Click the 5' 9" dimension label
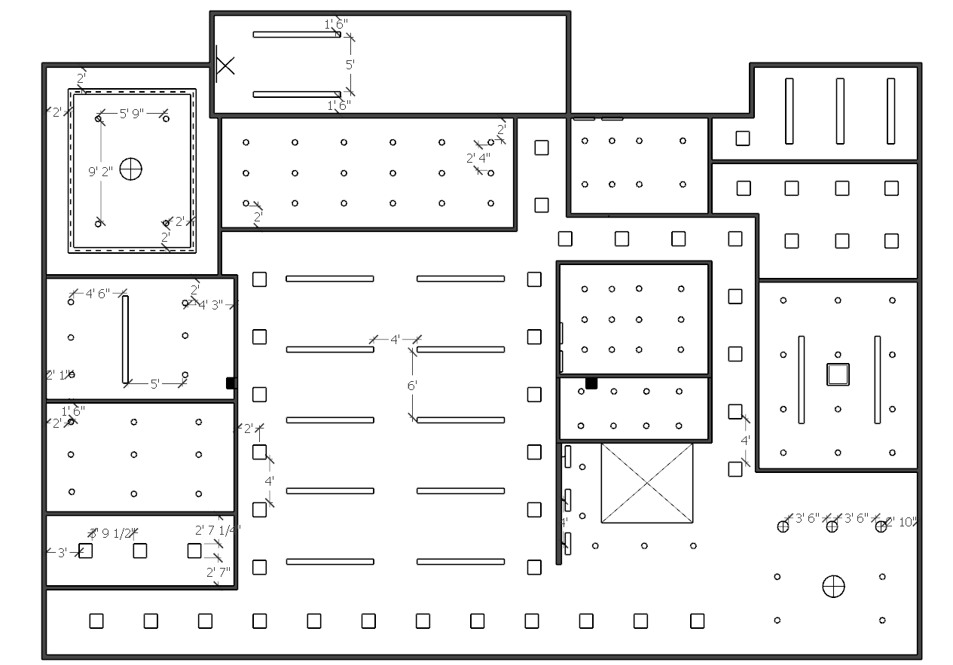[x=131, y=114]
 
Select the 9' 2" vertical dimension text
[x=100, y=171]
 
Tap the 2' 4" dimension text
[x=478, y=158]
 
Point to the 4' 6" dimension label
[x=98, y=294]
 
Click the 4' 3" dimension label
[x=210, y=305]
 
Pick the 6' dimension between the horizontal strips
[x=412, y=385]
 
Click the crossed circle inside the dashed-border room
[x=131, y=169]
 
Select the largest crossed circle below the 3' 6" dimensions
[x=833, y=586]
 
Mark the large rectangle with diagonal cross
[x=646, y=483]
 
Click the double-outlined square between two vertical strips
[x=838, y=374]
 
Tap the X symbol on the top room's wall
[x=225, y=65]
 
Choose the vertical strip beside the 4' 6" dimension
[x=125, y=339]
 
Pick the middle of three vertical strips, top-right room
[x=839, y=111]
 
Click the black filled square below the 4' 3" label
[x=231, y=383]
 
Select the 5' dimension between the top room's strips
[x=350, y=65]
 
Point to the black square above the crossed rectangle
[x=591, y=383]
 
